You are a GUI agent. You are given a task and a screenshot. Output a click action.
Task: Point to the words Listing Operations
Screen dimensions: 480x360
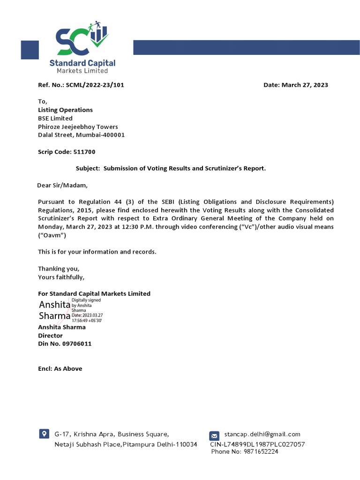click(65, 110)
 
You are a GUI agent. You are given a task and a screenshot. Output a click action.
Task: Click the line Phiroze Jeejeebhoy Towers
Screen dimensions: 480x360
click(78, 127)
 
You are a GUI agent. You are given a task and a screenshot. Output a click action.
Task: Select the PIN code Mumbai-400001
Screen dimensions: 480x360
click(105, 135)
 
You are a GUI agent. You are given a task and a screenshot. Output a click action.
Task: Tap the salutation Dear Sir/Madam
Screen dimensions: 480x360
click(62, 185)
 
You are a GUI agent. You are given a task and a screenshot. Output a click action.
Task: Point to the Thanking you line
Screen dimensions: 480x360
click(59, 269)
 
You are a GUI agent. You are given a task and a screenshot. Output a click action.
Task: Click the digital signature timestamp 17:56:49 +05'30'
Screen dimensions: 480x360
click(87, 320)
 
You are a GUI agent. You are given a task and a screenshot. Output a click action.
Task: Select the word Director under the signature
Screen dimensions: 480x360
click(50, 336)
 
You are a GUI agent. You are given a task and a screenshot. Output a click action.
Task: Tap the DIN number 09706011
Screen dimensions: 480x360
click(77, 344)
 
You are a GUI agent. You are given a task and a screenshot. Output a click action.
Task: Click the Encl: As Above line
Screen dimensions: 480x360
click(60, 368)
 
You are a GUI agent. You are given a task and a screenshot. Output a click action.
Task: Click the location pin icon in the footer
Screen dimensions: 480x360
click(44, 434)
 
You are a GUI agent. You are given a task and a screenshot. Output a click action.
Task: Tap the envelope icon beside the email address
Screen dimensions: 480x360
click(214, 435)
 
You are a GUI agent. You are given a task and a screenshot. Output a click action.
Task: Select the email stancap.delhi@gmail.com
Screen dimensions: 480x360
click(262, 434)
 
